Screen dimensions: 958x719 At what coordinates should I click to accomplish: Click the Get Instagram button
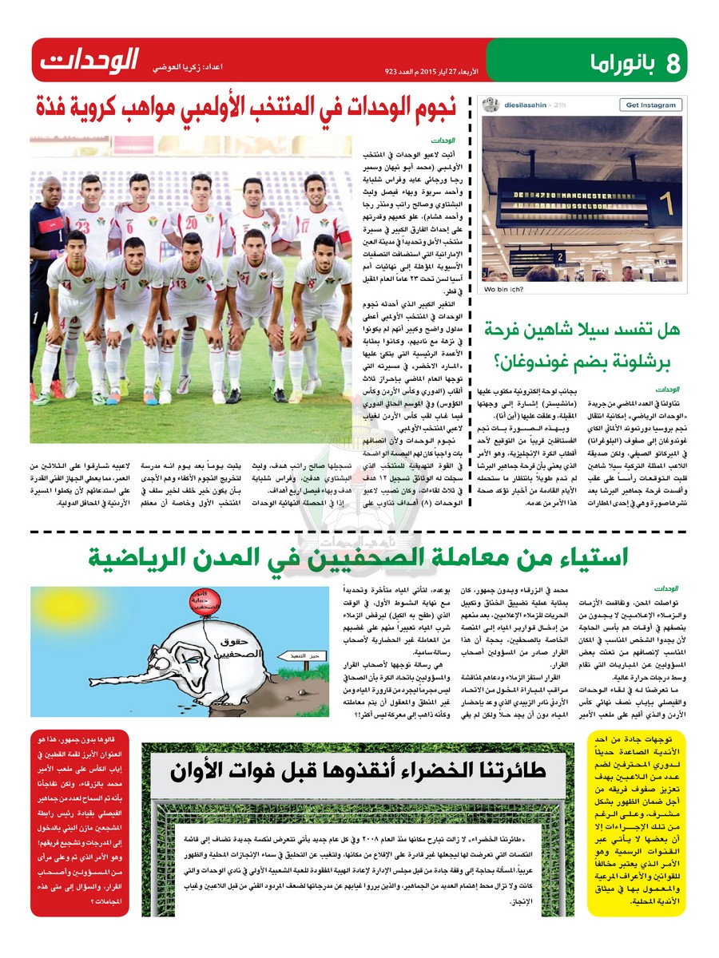coord(649,105)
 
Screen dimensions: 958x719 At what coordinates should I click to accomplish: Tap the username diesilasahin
coord(522,105)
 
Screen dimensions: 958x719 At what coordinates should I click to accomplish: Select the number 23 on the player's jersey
coord(83,228)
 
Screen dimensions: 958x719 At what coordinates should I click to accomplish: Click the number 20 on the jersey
coord(191,224)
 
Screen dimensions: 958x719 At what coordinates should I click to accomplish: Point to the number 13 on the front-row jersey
coord(181,284)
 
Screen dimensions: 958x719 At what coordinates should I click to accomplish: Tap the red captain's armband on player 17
coord(344,237)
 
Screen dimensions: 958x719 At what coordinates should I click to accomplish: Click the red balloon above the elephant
coord(205,600)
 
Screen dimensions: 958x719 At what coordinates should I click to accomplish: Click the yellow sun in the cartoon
coord(66,606)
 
